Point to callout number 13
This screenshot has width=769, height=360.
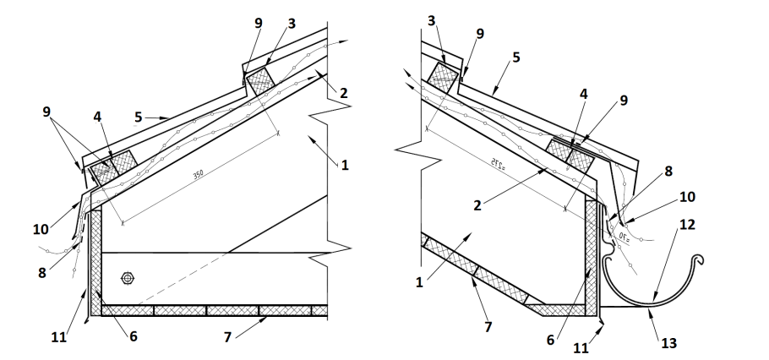click(668, 344)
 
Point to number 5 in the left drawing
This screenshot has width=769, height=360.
click(137, 115)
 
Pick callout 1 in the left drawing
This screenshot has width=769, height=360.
click(345, 165)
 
